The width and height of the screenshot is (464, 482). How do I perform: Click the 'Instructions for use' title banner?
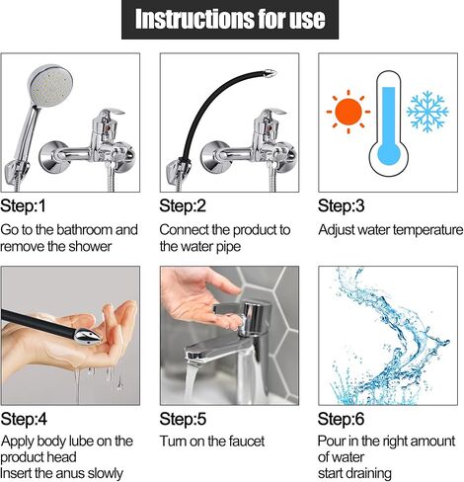[231, 20]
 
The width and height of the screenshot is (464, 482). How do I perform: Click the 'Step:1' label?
[24, 205]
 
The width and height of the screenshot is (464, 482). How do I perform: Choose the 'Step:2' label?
[183, 205]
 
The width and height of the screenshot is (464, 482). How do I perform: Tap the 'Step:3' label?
[342, 205]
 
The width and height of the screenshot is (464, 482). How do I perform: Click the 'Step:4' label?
[25, 419]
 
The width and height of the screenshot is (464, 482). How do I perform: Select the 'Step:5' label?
[183, 419]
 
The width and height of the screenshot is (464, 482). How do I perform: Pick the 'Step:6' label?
[342, 419]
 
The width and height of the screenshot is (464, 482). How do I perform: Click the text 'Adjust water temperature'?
[389, 229]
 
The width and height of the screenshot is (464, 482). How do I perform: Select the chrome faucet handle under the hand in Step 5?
[236, 318]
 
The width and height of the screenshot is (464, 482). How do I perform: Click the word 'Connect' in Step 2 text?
[185, 229]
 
